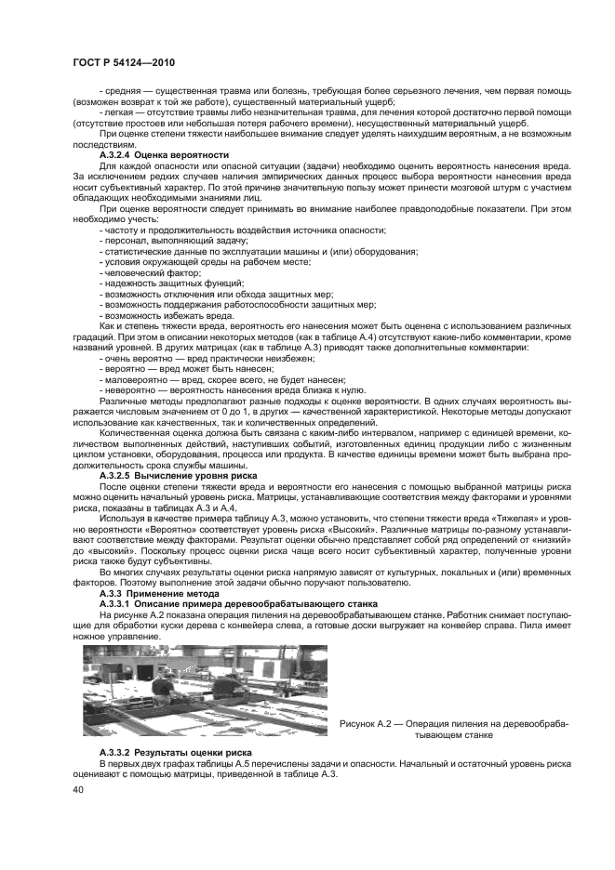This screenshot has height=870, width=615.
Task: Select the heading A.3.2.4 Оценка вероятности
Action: (164, 154)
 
